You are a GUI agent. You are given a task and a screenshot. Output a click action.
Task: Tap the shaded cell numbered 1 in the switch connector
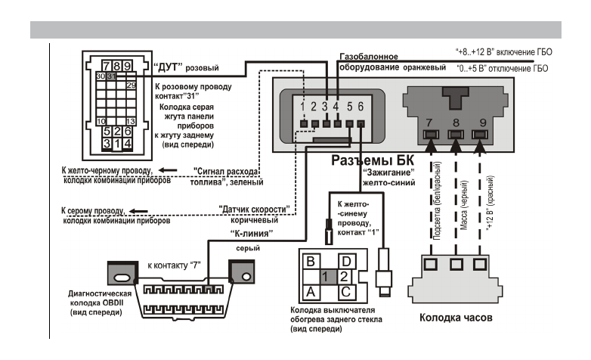pyautogui.click(x=324, y=275)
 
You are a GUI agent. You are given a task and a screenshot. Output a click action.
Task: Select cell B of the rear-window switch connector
pyautogui.click(x=308, y=262)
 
